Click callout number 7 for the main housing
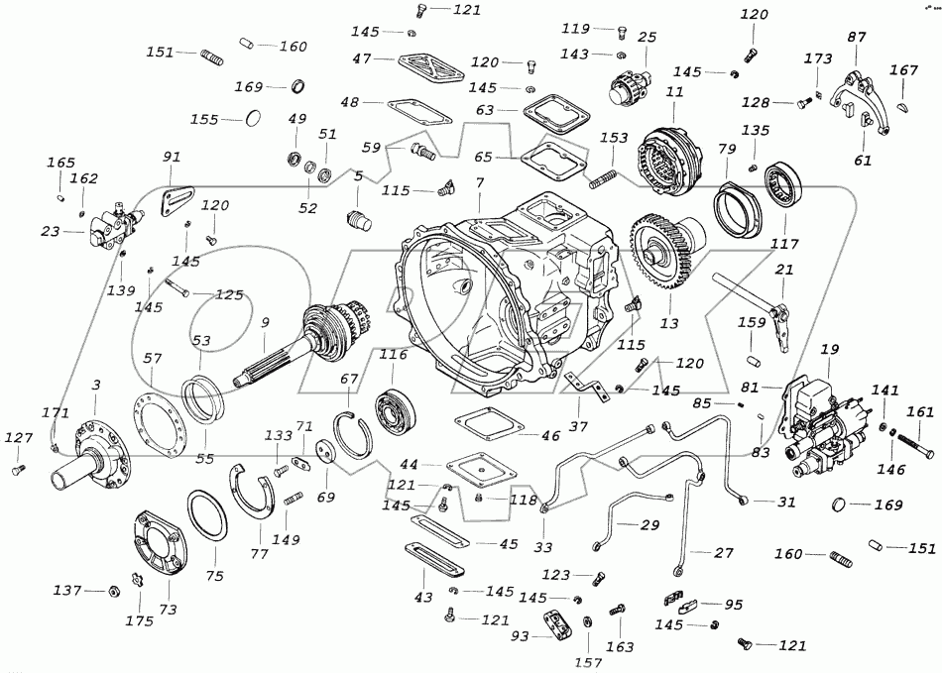click(x=480, y=184)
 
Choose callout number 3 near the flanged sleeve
click(x=96, y=384)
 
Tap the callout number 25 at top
click(x=647, y=38)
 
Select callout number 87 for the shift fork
click(x=857, y=38)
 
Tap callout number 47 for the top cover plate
click(x=361, y=59)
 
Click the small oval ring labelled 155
click(x=254, y=119)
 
